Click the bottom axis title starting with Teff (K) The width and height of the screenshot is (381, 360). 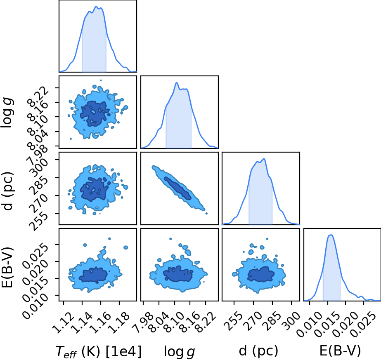coord(98,351)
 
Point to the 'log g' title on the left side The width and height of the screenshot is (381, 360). coord(7,113)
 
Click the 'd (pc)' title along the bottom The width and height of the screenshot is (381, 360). coord(258,351)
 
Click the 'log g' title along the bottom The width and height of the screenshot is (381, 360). coord(179,351)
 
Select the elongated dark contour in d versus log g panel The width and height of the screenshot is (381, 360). coord(178,188)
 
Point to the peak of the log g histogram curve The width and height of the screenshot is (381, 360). coord(177,83)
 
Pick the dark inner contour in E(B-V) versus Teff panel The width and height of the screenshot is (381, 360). coord(93,275)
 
